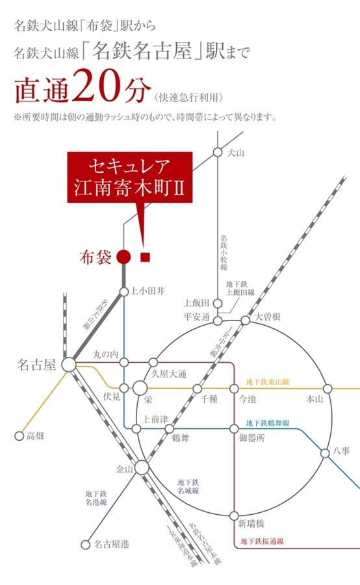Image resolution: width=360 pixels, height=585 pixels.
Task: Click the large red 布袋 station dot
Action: (124, 257)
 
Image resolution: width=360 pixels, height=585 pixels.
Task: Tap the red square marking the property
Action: (146, 257)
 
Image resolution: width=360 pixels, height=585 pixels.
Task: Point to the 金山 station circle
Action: (142, 467)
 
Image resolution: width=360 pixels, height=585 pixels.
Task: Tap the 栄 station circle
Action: (140, 389)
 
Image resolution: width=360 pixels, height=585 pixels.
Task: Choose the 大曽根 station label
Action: (268, 317)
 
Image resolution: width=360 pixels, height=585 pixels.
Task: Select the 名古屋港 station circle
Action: (84, 544)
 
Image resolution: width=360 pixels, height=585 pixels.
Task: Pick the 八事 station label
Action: (342, 449)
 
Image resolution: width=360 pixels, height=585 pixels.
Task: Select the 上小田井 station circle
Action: (124, 291)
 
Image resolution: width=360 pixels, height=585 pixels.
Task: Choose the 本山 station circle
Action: (328, 389)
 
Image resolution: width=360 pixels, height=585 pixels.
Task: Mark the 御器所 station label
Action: (252, 438)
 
